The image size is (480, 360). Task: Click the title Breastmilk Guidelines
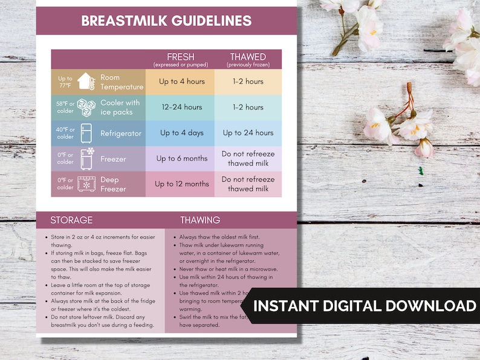[x=166, y=21]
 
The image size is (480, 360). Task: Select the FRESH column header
[x=180, y=59]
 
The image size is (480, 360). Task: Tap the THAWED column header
[x=248, y=59]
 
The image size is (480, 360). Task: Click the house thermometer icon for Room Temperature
[x=86, y=82]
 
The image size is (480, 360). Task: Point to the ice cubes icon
[x=86, y=108]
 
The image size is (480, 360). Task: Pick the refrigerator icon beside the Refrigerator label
[x=86, y=133]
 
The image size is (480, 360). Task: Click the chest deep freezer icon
[x=86, y=184]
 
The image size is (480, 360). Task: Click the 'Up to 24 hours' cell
[x=248, y=133]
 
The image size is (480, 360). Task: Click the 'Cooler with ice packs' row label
[x=120, y=108]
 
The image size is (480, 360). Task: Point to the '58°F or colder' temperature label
[x=65, y=108]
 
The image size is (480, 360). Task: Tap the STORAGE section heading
[x=71, y=220]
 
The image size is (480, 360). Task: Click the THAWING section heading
[x=200, y=220]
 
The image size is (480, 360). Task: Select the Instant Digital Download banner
[x=365, y=306]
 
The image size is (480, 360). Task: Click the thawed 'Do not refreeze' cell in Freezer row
[x=248, y=159]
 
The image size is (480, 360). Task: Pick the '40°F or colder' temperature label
[x=65, y=133]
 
